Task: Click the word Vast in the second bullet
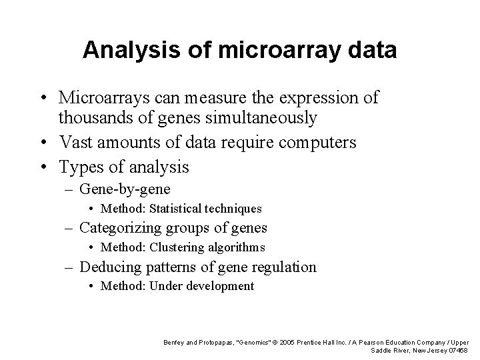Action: click(74, 142)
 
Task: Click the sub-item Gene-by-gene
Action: click(125, 189)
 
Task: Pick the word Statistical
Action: click(177, 209)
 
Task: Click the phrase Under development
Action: click(202, 286)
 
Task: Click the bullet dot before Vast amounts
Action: click(43, 143)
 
